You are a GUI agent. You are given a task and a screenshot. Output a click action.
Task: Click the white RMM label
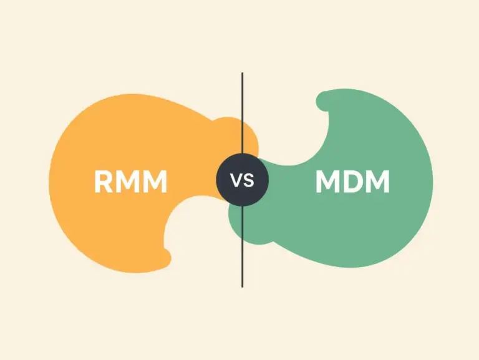click(131, 182)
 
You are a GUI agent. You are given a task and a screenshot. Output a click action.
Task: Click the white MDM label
click(352, 182)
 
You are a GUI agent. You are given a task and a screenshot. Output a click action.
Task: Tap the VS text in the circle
click(242, 181)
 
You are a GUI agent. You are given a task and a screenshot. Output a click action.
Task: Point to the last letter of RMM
click(156, 182)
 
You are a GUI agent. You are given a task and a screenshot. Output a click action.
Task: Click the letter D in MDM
click(353, 182)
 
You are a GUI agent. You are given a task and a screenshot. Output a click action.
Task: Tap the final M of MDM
click(378, 182)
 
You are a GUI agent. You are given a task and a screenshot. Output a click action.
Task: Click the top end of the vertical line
click(242, 74)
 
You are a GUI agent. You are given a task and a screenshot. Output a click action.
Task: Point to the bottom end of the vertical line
click(242, 286)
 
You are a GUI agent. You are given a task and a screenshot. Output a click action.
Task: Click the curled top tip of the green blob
click(322, 100)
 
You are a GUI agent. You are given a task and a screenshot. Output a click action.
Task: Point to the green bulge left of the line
click(235, 221)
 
